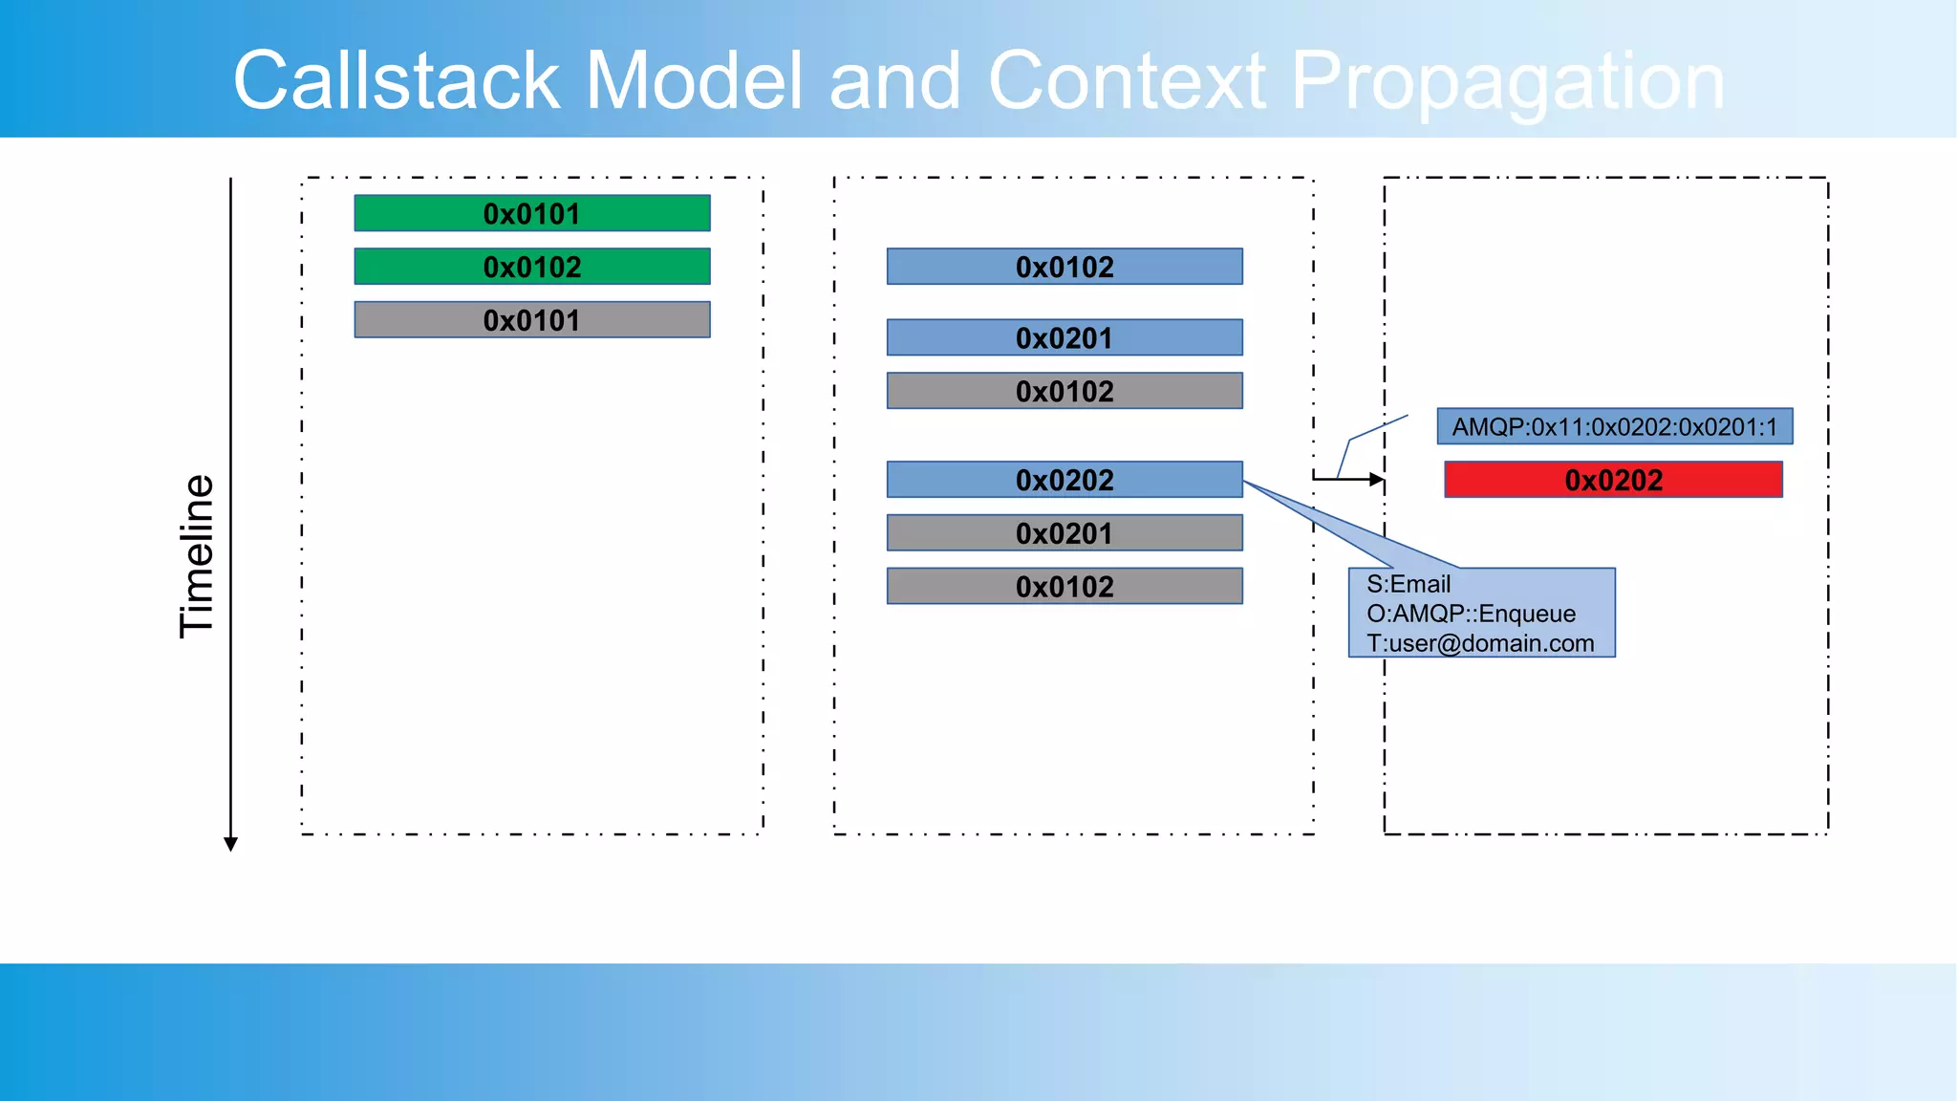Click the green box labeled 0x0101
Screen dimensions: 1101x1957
coord(531,213)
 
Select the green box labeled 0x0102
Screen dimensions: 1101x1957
coord(531,267)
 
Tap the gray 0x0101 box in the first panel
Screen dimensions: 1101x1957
coord(531,320)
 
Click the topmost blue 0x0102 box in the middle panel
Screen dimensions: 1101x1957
coord(1065,267)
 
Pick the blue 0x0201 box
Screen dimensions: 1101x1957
coord(1065,337)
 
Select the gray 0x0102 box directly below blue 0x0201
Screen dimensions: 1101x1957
coord(1065,391)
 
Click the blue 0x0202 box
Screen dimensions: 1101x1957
coord(1065,480)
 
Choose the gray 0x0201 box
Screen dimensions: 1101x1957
coord(1065,533)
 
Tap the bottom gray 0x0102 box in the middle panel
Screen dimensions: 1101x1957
coord(1065,586)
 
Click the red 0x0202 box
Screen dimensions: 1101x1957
coord(1613,480)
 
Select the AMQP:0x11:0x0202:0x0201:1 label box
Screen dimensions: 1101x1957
coord(1614,426)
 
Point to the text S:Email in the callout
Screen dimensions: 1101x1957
coord(1408,584)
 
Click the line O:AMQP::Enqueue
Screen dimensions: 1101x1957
coord(1471,614)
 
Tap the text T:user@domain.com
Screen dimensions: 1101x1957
coord(1480,643)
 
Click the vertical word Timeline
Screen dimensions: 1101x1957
coord(197,556)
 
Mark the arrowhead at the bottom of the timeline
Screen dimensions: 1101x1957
coord(230,843)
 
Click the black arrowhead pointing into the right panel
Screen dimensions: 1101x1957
coord(1376,479)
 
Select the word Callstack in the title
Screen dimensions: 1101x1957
coord(396,81)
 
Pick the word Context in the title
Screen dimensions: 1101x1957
coord(1127,81)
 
